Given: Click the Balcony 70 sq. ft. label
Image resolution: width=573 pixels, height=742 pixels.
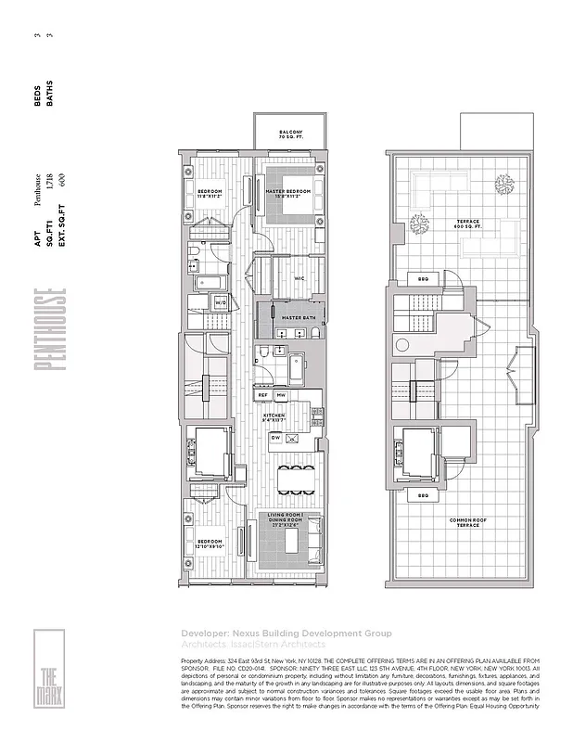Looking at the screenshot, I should (x=290, y=135).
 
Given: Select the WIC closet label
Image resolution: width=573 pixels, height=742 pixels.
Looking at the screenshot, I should (x=299, y=277).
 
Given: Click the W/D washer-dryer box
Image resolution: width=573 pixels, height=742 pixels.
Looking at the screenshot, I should (x=222, y=302).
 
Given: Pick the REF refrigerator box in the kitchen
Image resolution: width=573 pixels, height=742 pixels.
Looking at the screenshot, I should (x=262, y=394).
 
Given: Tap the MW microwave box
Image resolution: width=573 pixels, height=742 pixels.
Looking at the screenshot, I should (x=281, y=394).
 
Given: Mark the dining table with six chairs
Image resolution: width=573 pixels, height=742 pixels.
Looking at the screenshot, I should (x=298, y=480).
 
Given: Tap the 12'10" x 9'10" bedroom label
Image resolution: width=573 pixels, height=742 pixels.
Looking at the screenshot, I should (x=209, y=542).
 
